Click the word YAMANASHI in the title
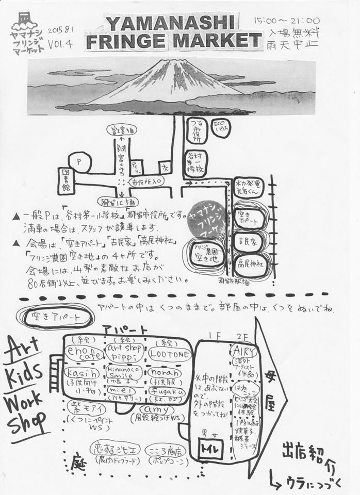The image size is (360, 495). coord(170,23)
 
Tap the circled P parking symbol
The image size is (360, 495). coord(80,162)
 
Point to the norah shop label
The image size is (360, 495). coord(165,372)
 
